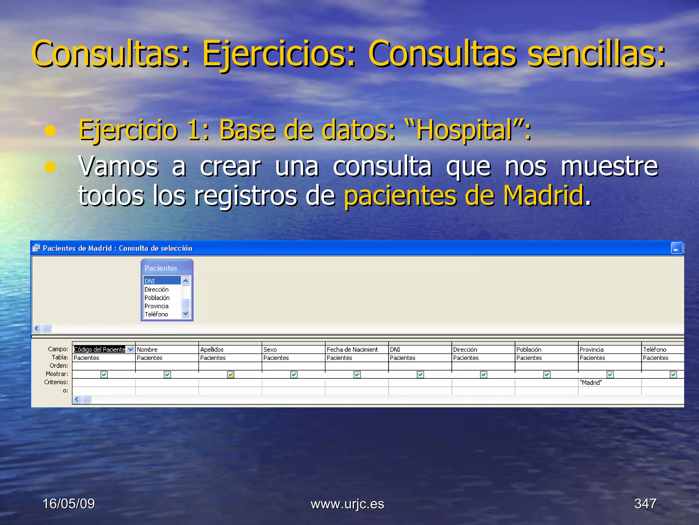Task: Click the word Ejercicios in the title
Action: (279, 54)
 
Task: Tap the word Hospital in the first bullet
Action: (464, 130)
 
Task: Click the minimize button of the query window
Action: (676, 248)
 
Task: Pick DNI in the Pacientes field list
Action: (161, 281)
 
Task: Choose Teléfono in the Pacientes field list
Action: (156, 314)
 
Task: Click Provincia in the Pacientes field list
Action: (156, 306)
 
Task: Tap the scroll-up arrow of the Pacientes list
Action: (185, 281)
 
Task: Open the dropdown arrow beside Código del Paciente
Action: (130, 349)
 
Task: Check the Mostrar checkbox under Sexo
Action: (294, 374)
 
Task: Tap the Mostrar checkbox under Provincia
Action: (610, 374)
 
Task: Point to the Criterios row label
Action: (56, 382)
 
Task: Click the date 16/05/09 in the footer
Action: (69, 503)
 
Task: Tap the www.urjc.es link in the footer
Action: (347, 504)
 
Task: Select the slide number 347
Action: (645, 503)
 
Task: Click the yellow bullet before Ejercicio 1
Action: (50, 131)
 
